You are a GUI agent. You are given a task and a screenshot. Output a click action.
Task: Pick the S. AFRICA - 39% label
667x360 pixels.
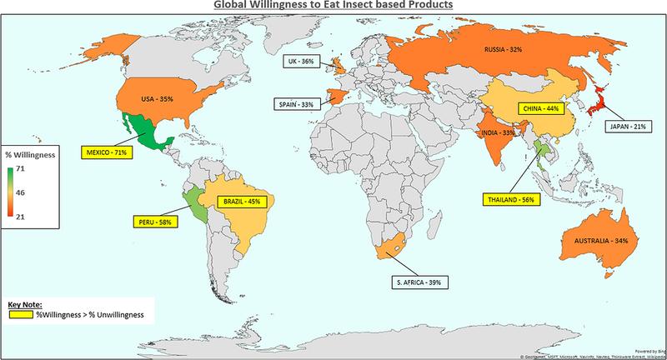pos(423,283)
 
